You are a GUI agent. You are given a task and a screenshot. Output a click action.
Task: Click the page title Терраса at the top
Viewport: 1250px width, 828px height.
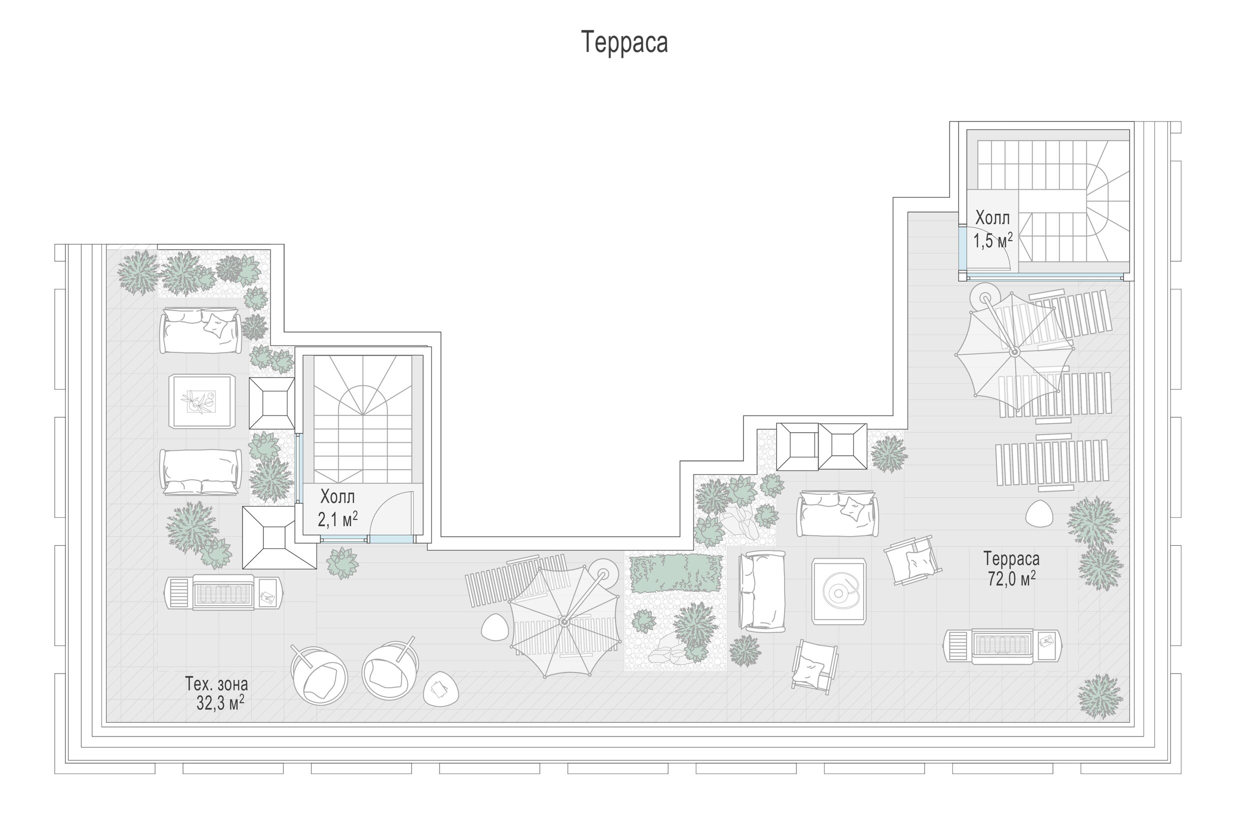(624, 42)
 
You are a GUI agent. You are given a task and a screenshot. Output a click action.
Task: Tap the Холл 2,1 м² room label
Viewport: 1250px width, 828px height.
(337, 508)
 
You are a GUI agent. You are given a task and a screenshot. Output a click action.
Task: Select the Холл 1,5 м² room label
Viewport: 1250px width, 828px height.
(993, 229)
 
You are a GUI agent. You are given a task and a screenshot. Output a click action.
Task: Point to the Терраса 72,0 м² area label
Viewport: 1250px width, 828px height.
(1011, 568)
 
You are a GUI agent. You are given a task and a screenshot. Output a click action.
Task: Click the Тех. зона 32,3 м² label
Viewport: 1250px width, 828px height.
(216, 694)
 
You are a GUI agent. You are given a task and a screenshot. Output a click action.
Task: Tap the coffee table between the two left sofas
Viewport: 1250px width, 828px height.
(202, 401)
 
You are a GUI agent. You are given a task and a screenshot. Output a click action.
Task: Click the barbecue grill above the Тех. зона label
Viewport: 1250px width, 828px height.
(224, 593)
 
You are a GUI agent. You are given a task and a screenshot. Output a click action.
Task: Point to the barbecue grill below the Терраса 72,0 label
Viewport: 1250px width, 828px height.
(1002, 645)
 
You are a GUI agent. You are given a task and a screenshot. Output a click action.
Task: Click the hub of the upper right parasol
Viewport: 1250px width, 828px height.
(1014, 351)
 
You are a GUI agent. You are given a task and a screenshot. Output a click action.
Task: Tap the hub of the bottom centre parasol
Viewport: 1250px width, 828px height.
(563, 622)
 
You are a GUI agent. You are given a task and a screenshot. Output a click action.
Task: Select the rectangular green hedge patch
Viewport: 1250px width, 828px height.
(676, 573)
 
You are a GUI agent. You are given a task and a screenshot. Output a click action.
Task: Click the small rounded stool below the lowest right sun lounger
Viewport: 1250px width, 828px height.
(1039, 513)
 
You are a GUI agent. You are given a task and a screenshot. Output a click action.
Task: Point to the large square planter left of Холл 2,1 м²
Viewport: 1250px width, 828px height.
(278, 538)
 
